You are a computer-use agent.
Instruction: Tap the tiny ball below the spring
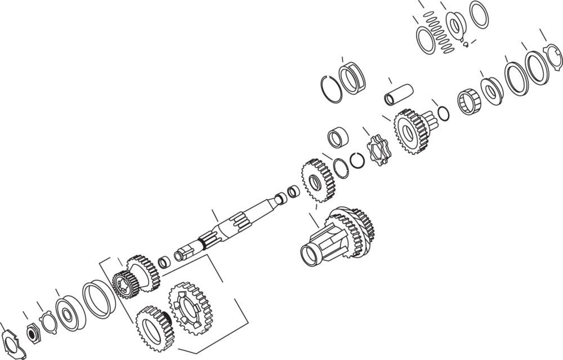click(466, 45)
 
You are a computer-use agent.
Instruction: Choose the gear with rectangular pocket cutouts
click(189, 308)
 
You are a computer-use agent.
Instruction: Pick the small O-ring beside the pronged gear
click(443, 114)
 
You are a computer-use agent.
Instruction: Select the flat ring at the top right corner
click(479, 15)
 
